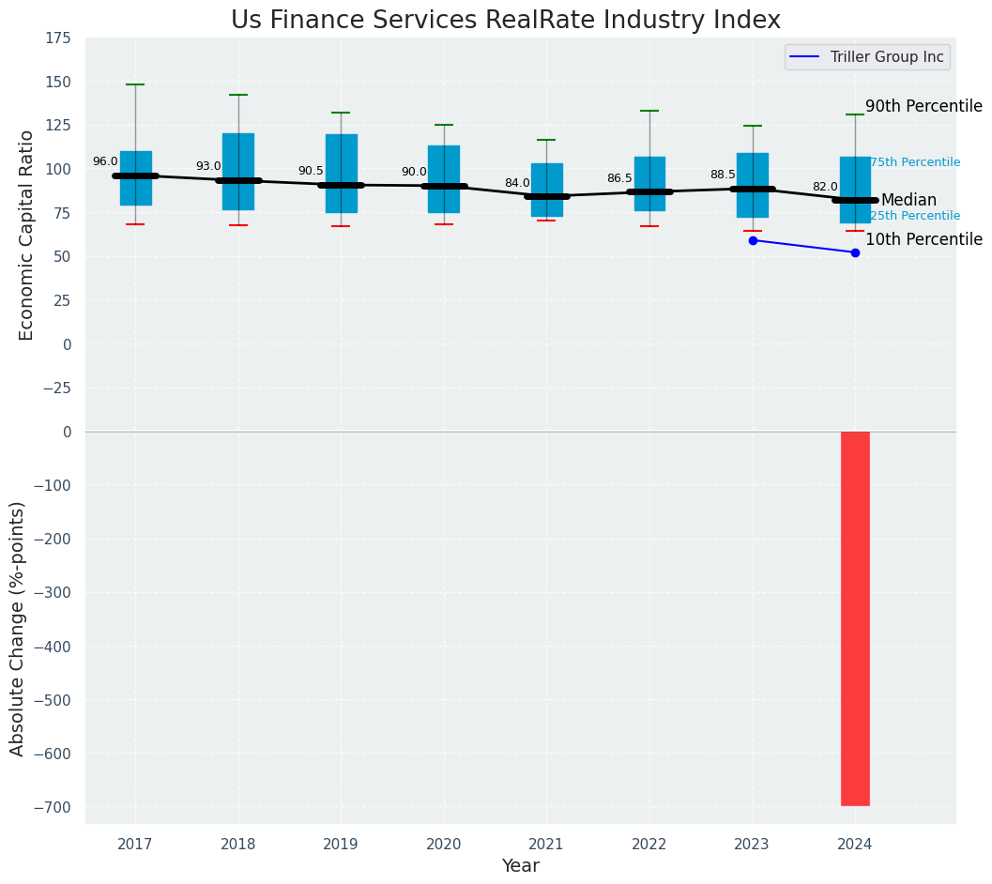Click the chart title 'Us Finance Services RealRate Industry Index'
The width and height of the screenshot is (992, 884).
505,20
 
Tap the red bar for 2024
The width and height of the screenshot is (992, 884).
855,618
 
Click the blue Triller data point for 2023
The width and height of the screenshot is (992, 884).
753,240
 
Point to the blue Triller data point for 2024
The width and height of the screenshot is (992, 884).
855,252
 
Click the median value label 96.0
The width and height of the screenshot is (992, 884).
105,162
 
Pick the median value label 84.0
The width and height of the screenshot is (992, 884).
517,183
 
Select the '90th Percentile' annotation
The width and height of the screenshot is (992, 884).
923,107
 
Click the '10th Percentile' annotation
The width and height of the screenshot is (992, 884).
923,240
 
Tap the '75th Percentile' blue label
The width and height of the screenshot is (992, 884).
914,162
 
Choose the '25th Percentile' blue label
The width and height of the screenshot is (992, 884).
914,216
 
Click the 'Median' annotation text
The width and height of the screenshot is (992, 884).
908,200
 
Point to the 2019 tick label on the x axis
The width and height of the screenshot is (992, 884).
341,845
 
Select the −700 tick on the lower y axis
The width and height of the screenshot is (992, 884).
53,807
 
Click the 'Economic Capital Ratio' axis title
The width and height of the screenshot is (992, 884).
27,235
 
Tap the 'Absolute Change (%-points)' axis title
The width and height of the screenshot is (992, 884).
18,628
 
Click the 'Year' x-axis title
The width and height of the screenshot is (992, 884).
520,866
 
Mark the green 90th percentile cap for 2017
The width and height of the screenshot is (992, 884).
135,84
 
